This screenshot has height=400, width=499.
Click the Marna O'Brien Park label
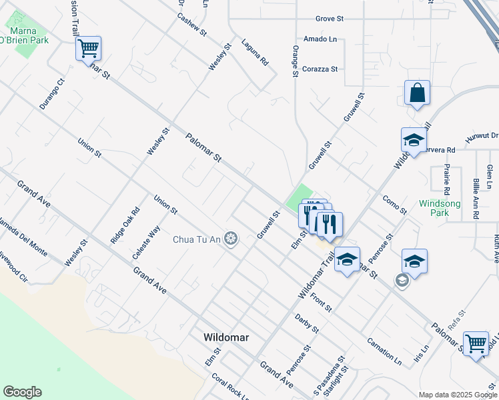[x=28, y=35]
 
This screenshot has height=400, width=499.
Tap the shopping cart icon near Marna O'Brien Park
[x=88, y=49]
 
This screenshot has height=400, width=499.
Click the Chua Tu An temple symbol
[x=231, y=239]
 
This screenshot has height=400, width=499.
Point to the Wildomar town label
[x=226, y=337]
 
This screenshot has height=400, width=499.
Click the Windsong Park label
[x=434, y=208]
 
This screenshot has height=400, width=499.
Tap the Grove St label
[x=329, y=19]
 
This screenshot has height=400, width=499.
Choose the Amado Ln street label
[x=320, y=40]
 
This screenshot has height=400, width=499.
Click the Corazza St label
[x=320, y=69]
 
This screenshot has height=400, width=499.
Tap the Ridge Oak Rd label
[x=125, y=225]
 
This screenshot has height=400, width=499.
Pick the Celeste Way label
[x=146, y=243]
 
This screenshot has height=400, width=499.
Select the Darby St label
[x=308, y=324]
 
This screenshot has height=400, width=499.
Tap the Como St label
[x=394, y=205]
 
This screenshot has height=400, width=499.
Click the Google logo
[x=22, y=392]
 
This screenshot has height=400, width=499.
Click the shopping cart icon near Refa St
[x=476, y=344]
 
